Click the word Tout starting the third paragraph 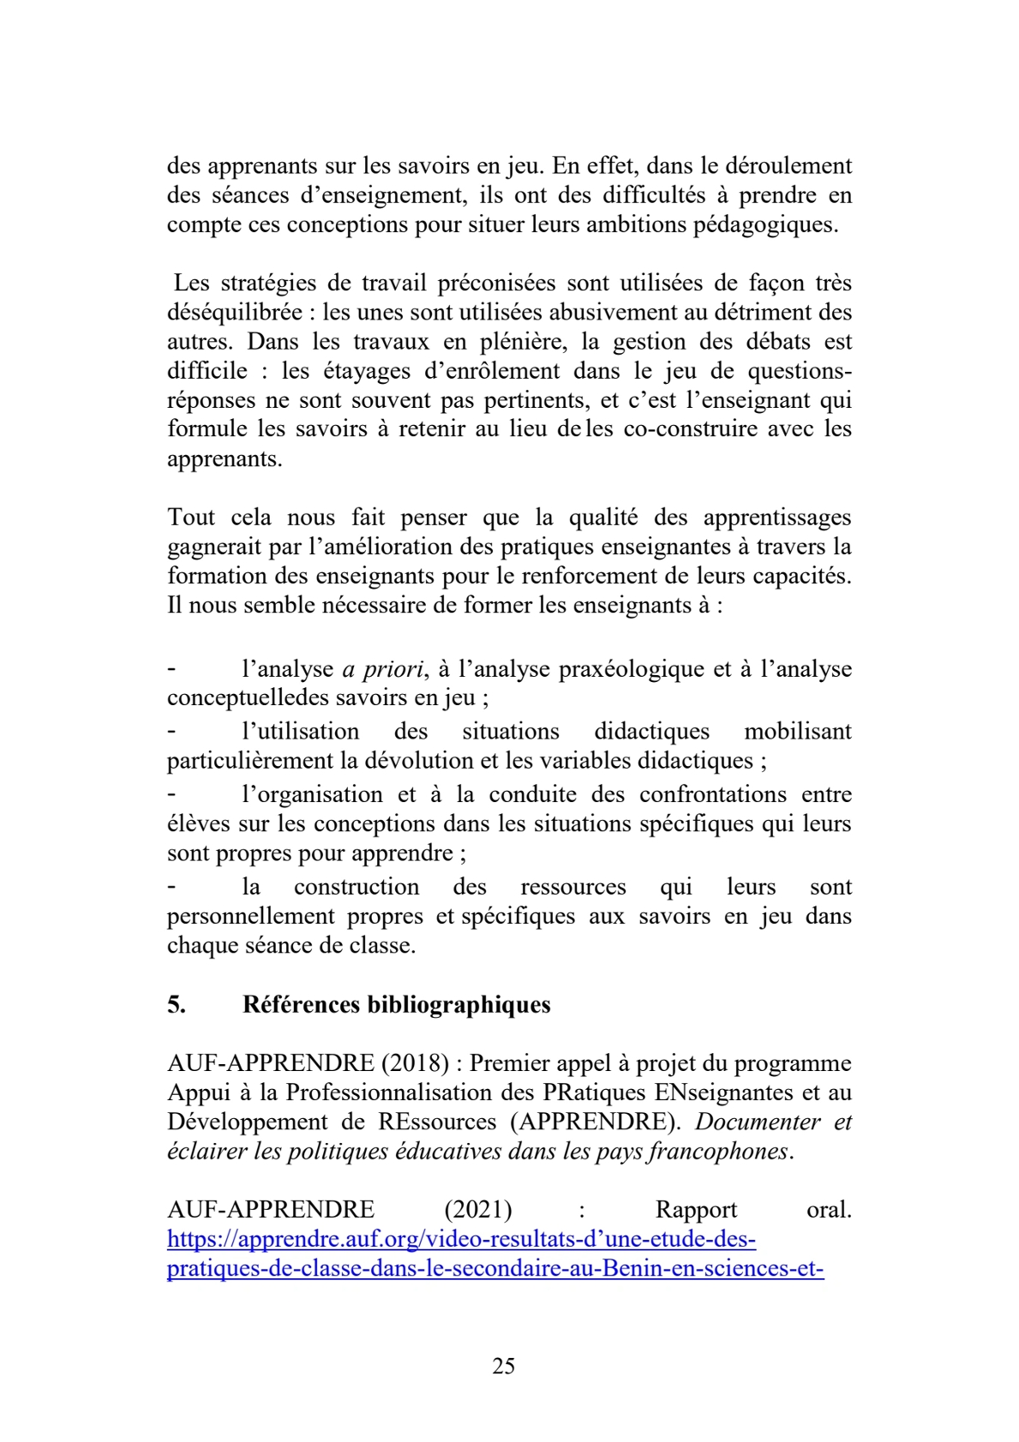pos(191,518)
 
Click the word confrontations pos(713,794)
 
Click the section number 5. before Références pos(177,1005)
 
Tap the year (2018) pos(415,1063)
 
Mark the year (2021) pos(478,1210)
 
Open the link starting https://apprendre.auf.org pos(461,1239)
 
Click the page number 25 pos(504,1366)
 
